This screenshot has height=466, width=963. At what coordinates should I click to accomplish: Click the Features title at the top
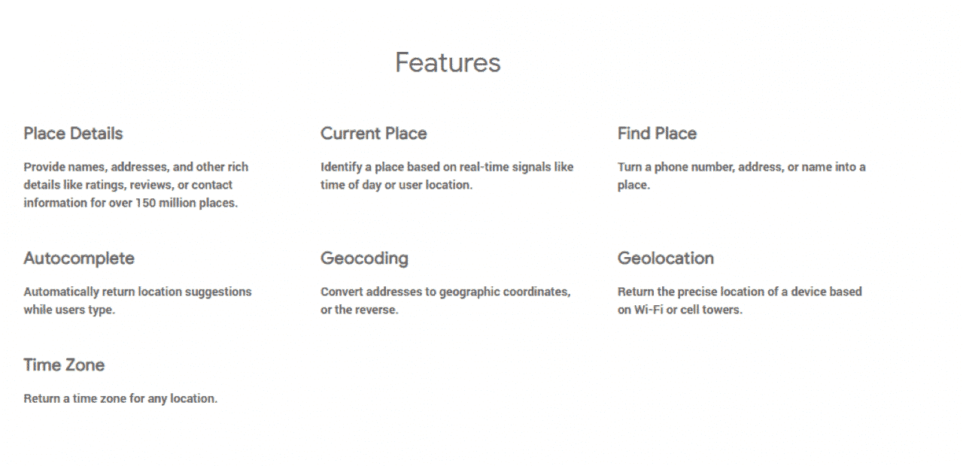click(x=448, y=62)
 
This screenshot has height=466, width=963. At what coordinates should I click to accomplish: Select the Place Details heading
click(x=73, y=134)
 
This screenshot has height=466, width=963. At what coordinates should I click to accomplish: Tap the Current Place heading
click(x=373, y=134)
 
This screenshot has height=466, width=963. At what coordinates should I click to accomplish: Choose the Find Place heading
click(x=657, y=134)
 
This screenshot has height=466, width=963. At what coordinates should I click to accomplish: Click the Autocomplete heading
click(x=79, y=259)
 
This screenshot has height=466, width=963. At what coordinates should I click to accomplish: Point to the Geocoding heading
click(x=364, y=259)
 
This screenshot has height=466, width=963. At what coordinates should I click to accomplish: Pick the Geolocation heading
click(x=665, y=259)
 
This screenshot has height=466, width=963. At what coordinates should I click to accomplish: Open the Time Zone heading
click(x=64, y=365)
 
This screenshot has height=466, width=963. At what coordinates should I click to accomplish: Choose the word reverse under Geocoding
click(x=377, y=310)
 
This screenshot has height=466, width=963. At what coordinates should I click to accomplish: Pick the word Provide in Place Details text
click(x=44, y=167)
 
